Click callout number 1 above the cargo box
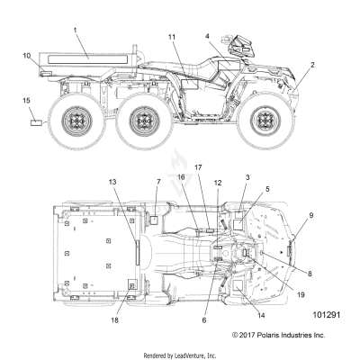click(76, 31)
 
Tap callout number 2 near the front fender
click(312, 65)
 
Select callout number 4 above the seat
click(208, 36)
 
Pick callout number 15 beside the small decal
click(26, 99)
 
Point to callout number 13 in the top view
click(112, 183)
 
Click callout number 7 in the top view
click(133, 183)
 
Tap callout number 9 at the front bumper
click(311, 215)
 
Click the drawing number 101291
click(327, 317)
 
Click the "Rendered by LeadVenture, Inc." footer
click(180, 354)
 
